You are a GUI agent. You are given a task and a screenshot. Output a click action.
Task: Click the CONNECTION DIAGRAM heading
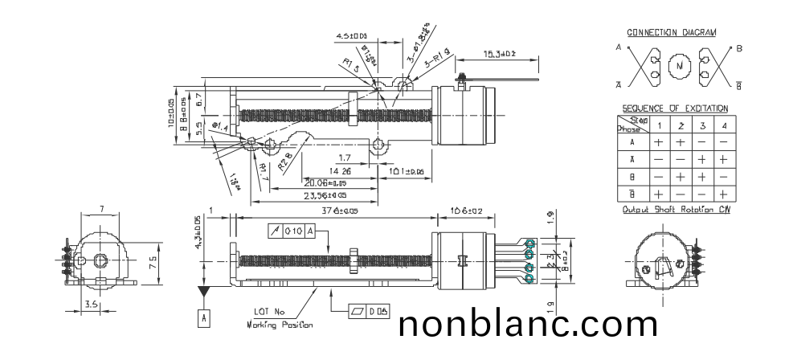[x=671, y=33]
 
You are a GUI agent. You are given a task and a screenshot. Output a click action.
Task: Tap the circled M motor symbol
[x=680, y=65]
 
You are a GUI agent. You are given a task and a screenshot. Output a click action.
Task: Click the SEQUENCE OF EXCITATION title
[x=675, y=108]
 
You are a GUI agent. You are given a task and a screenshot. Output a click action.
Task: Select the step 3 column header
[x=701, y=125]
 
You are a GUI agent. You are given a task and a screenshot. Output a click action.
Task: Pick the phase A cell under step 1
[x=659, y=141]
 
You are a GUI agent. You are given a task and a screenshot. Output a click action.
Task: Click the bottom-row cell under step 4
[x=723, y=194]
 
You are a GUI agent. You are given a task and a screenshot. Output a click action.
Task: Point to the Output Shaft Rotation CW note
[x=675, y=210]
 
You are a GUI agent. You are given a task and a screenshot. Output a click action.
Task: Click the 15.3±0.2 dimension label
[x=499, y=54]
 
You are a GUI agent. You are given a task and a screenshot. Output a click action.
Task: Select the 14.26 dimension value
[x=341, y=171]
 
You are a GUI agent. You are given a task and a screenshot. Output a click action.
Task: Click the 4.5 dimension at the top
[x=351, y=35]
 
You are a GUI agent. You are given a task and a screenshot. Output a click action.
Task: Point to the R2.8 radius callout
[x=285, y=165]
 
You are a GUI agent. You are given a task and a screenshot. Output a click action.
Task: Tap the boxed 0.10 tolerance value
[x=294, y=231]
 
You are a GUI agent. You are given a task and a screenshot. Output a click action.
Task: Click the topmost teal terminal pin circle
[x=529, y=243]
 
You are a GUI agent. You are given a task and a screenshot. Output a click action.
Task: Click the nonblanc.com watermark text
[x=528, y=325]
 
